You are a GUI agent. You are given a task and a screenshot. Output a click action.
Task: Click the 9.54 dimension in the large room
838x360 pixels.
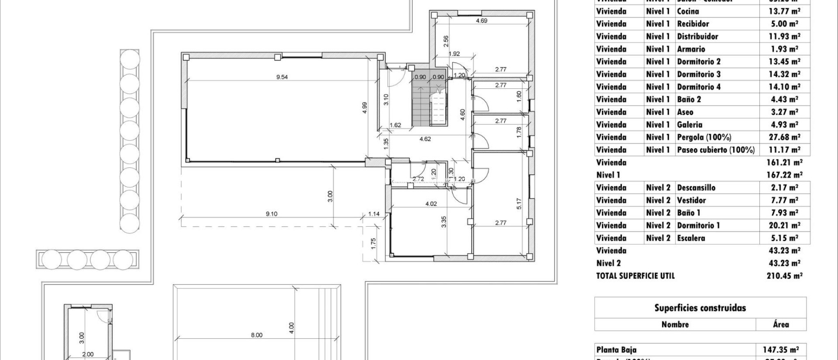click(282, 77)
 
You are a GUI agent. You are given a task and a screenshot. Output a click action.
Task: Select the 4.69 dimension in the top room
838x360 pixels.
click(482, 20)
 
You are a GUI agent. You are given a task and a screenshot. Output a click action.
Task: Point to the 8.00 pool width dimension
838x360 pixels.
click(257, 335)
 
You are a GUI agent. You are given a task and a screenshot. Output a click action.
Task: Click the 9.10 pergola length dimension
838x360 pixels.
click(271, 214)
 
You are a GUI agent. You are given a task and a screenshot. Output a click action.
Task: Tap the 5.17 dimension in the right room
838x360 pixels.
click(519, 203)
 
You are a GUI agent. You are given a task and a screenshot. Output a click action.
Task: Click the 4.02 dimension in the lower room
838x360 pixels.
click(431, 204)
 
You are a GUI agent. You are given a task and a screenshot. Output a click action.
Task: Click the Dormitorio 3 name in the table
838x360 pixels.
click(698, 74)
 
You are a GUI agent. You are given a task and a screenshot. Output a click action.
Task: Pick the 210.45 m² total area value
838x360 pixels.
click(784, 276)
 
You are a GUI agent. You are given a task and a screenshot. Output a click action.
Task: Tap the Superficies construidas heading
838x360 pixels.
click(700, 308)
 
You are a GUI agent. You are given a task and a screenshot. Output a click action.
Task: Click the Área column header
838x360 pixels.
click(781, 325)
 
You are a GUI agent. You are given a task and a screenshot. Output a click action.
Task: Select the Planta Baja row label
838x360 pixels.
click(616, 350)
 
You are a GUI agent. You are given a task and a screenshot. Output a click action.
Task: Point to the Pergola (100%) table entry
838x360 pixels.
click(704, 137)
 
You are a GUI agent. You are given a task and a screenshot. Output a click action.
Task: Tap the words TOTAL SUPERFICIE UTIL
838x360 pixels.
click(635, 276)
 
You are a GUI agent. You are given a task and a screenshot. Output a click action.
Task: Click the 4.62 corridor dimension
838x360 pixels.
click(425, 139)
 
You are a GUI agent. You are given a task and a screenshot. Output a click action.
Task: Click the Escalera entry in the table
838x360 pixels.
click(691, 238)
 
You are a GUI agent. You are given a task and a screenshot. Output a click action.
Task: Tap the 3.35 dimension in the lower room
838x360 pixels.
click(444, 221)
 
